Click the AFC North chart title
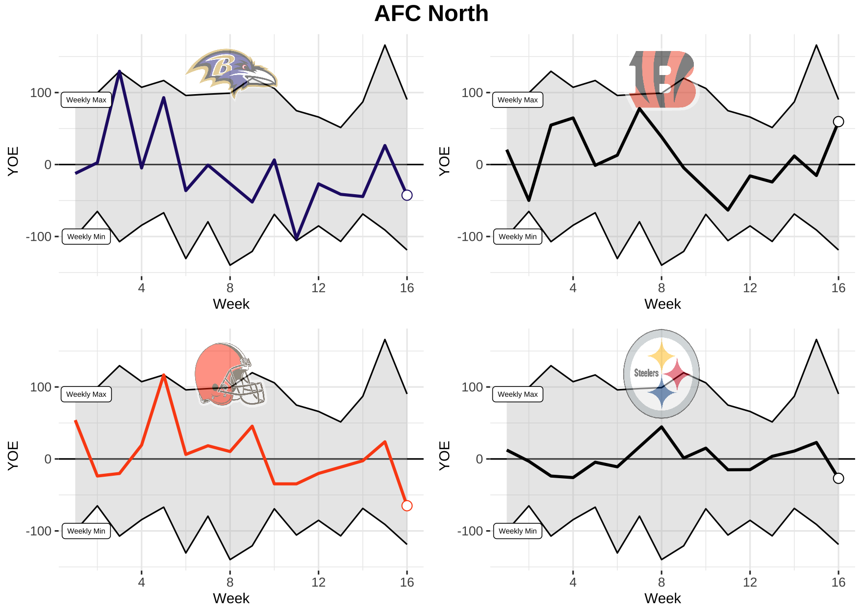click(x=431, y=14)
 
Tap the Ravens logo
click(x=231, y=73)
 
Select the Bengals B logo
click(x=662, y=79)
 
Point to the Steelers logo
click(x=661, y=374)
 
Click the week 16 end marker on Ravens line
click(x=407, y=195)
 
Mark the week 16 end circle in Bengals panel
click(x=838, y=122)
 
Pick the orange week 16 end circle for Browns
click(x=407, y=506)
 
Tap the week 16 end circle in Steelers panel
click(x=838, y=478)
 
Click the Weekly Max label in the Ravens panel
click(x=86, y=100)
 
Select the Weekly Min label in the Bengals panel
click(x=517, y=237)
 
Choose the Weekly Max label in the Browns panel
click(x=86, y=394)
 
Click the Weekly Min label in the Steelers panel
click(x=517, y=531)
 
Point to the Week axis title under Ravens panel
click(x=231, y=305)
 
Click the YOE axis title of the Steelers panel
click(x=444, y=456)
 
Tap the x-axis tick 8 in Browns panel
click(x=230, y=583)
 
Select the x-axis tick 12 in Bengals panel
click(x=750, y=288)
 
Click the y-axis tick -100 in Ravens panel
click(x=39, y=237)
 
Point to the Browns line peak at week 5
click(x=164, y=375)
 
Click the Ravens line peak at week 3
click(x=120, y=72)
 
